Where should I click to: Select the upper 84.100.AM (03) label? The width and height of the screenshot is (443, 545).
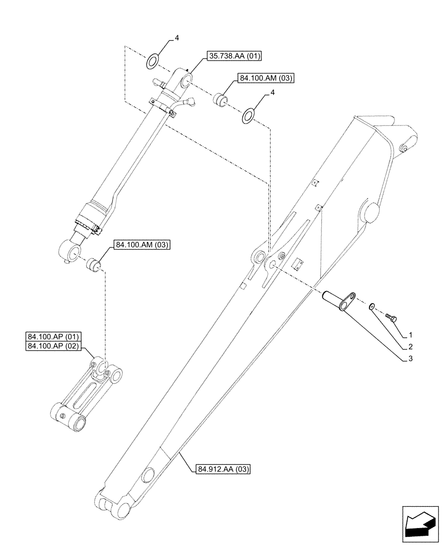266,78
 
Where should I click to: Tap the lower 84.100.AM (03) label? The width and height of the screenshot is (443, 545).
142,246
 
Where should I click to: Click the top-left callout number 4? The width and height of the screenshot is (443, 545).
176,38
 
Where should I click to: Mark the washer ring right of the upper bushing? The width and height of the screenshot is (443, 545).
249,115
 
